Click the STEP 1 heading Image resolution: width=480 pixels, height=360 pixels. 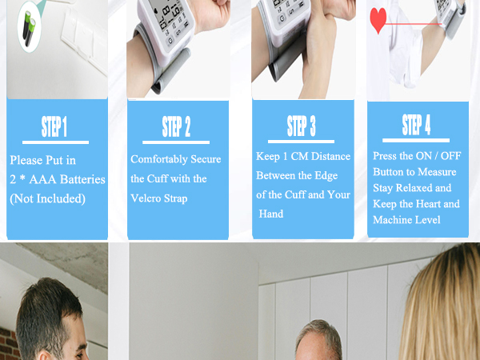coord(54,128)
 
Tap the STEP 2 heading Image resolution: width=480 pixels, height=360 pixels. coord(177,126)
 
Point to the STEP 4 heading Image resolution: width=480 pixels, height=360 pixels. coord(417,125)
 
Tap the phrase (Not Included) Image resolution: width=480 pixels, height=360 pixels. coord(47,198)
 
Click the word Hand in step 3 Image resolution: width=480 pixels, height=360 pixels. coord(271,214)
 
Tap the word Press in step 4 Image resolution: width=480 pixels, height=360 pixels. coord(386,157)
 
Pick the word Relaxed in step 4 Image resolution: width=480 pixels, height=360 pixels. coord(432,188)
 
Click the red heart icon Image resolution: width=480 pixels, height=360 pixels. coord(378,19)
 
